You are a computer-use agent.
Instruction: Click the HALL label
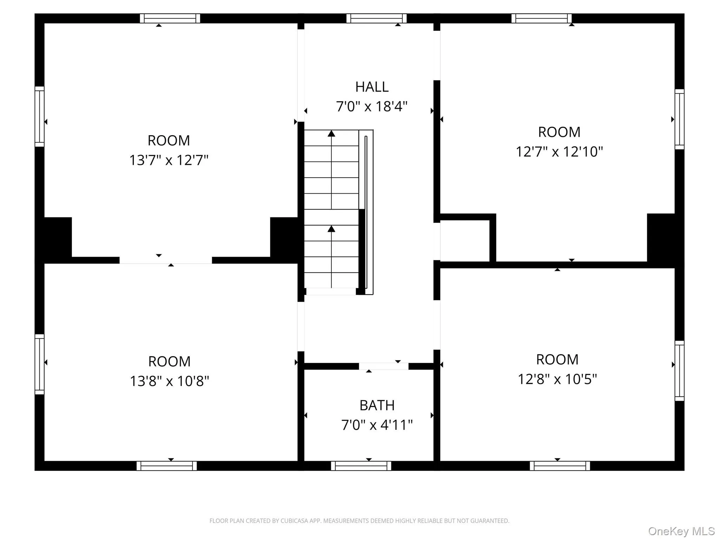point(372,87)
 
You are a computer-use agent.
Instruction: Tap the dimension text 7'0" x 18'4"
point(372,106)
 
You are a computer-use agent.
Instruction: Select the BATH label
point(377,406)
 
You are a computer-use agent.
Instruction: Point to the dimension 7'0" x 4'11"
point(377,425)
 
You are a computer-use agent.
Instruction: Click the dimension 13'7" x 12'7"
point(169,160)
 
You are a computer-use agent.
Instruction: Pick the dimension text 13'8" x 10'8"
point(170,381)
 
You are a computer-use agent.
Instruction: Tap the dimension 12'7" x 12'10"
point(559,152)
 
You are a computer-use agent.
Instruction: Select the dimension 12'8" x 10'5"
point(557,379)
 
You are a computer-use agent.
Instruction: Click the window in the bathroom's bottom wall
point(361,466)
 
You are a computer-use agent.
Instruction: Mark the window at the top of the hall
point(376,18)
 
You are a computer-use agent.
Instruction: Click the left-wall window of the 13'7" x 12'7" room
point(39,117)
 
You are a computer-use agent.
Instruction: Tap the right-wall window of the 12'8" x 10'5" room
point(679,371)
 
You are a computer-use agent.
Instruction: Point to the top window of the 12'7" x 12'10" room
point(541,18)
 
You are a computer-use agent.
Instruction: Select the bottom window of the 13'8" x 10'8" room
point(166,466)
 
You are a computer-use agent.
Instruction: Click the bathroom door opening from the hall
point(383,366)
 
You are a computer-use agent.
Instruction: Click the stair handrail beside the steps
point(366,212)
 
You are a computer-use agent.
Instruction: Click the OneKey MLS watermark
point(681,531)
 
